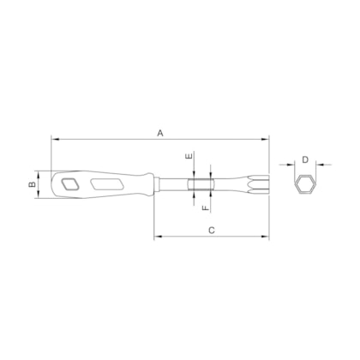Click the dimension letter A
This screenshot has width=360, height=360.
pos(159,132)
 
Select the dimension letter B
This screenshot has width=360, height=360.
pos(30,183)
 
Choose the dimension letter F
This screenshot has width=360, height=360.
pos(205,207)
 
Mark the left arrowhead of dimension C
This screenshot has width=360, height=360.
pos(157,237)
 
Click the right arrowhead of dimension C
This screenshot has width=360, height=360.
pos(267,237)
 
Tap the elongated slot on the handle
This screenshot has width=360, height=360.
pos(107,183)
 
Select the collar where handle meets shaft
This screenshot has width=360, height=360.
pos(155,183)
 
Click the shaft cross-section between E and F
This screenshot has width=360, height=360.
pos(198,183)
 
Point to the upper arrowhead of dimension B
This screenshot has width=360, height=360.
pos(39,171)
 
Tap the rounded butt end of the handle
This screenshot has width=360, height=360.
pos(53,183)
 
